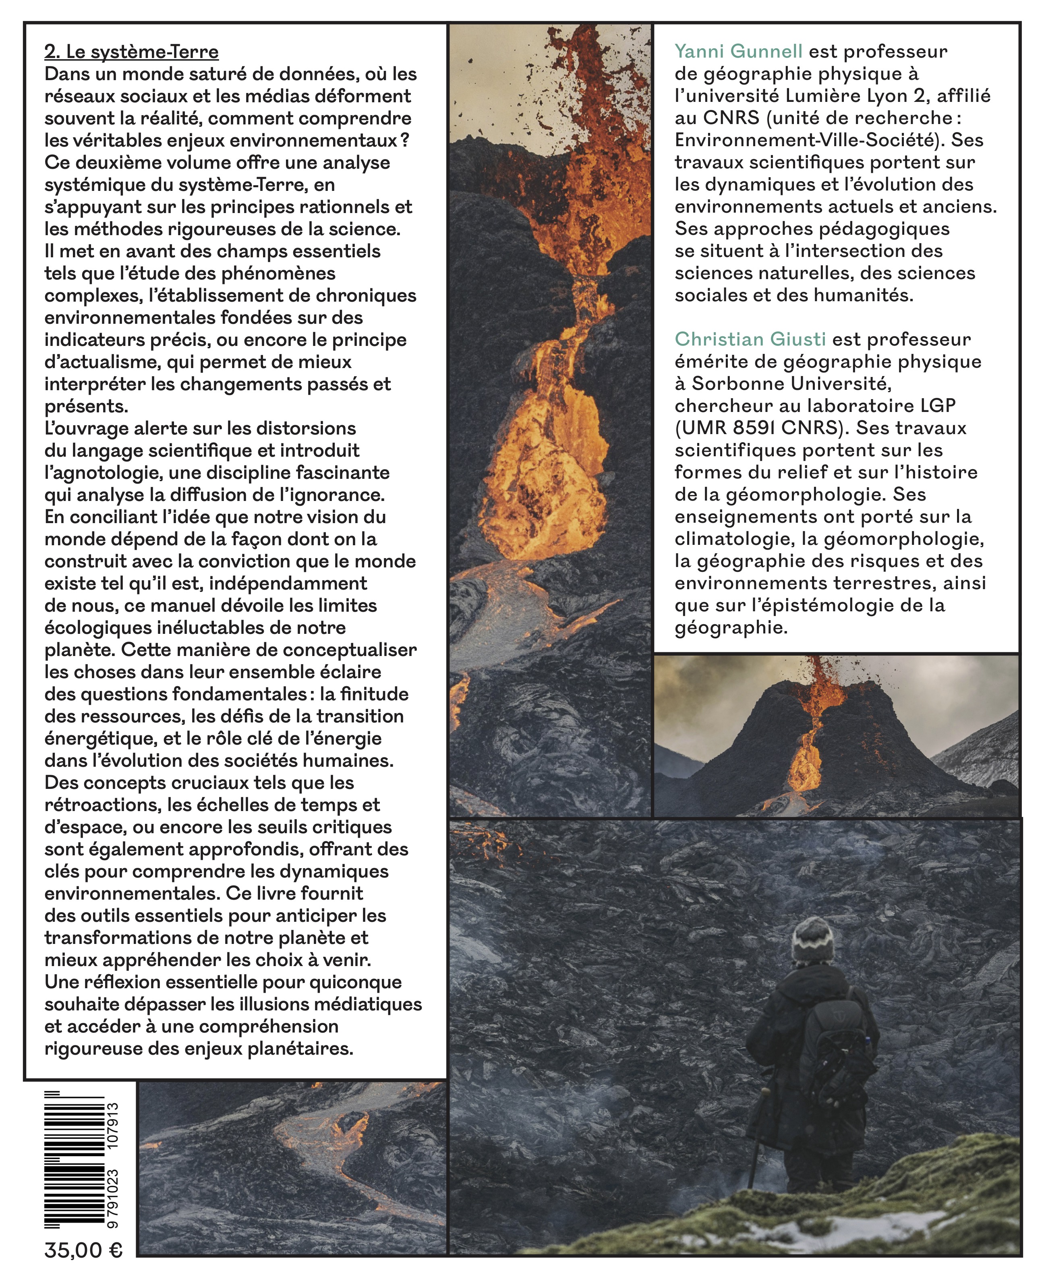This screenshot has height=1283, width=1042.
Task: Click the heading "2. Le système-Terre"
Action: (131, 52)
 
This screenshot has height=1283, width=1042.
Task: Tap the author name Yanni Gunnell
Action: (738, 52)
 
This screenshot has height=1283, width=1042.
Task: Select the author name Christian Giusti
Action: (750, 339)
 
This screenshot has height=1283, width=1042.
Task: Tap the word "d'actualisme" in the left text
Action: (99, 362)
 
